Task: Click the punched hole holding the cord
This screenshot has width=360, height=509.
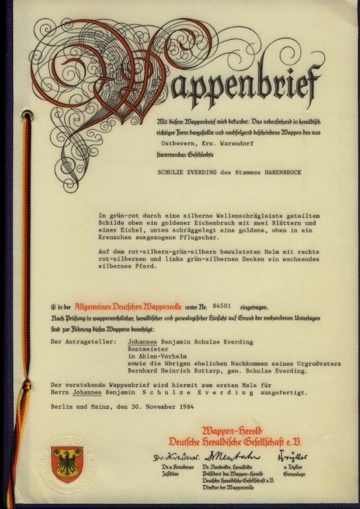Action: [27, 117]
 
